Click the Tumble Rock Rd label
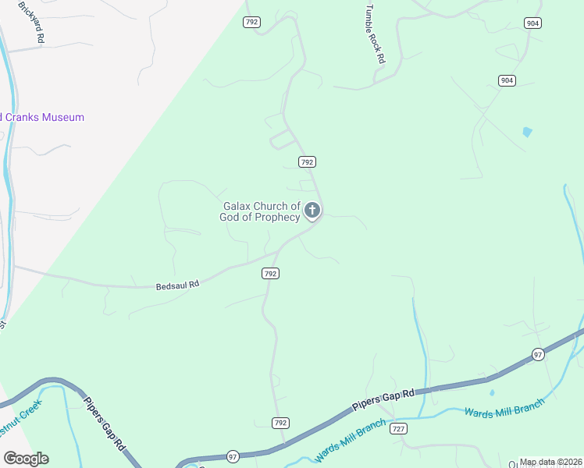[x=375, y=36]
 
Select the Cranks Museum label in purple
[x=42, y=117]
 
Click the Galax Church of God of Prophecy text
[x=261, y=211]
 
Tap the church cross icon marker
[x=312, y=209]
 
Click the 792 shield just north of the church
[x=307, y=161]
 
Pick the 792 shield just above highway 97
[x=281, y=423]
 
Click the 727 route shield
[x=399, y=429]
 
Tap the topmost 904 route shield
[x=532, y=23]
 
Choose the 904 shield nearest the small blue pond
[x=507, y=80]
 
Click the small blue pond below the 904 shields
[x=528, y=132]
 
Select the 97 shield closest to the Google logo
[x=233, y=456]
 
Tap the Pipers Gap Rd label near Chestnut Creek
[x=104, y=422]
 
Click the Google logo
[x=26, y=459]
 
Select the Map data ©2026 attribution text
[x=550, y=462]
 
